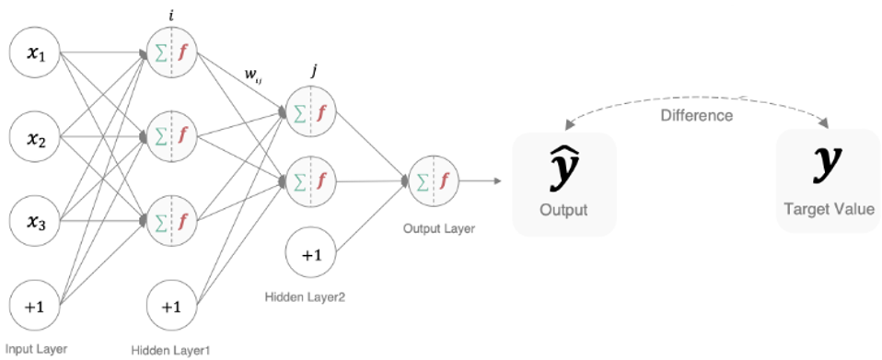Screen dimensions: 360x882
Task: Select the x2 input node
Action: pos(34,140)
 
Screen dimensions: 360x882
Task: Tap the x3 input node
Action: pos(34,222)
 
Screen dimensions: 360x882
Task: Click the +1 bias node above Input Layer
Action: pos(34,307)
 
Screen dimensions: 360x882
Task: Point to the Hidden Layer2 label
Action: pos(304,296)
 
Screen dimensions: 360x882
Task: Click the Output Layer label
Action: pos(439,228)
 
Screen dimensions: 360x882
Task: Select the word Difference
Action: pos(697,116)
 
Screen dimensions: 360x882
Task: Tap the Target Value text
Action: pos(827,210)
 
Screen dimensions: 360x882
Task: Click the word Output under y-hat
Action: pos(563,211)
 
